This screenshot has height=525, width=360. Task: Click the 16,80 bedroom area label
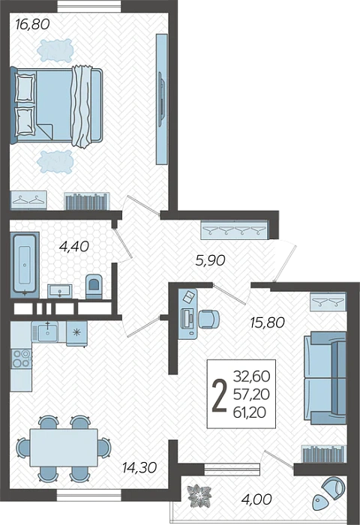click(32, 24)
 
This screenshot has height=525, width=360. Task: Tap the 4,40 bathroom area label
click(73, 247)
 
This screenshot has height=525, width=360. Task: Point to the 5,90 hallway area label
click(210, 260)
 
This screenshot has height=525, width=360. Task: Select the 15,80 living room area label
click(267, 322)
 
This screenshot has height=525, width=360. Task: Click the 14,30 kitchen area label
click(139, 467)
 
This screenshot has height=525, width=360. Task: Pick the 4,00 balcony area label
click(257, 499)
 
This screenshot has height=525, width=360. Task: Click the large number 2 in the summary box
click(219, 395)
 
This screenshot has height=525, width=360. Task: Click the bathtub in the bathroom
click(25, 265)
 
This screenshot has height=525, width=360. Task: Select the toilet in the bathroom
click(94, 286)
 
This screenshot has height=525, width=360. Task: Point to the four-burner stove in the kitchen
click(21, 358)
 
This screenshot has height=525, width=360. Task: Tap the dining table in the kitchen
click(64, 447)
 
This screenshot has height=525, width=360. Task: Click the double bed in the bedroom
click(56, 106)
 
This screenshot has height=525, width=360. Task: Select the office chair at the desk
click(208, 319)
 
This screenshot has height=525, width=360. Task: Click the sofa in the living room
click(325, 378)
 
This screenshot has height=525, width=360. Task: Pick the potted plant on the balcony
click(199, 496)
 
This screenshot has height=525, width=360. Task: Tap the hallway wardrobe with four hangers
click(234, 230)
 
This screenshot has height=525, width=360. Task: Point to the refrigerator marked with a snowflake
click(76, 333)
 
